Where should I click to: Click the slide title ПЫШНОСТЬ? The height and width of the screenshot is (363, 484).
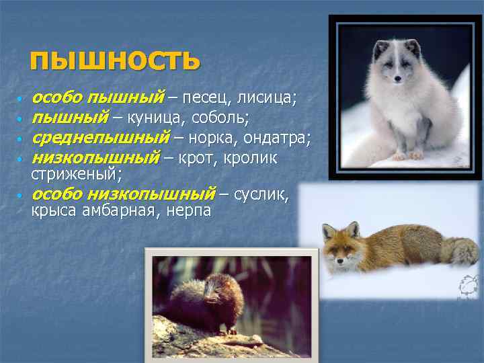pos(115,60)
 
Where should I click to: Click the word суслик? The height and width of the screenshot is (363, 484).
pos(264,195)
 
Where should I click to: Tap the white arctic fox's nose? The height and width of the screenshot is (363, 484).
pos(398,79)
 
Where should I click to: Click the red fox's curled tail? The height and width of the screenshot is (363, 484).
pos(460,251)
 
